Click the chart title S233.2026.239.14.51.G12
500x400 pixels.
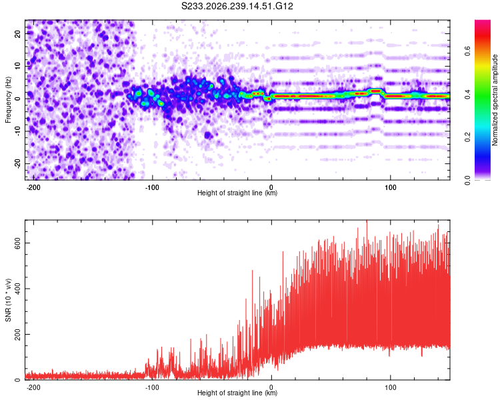click(237, 6)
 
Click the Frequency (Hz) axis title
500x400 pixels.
click(8, 100)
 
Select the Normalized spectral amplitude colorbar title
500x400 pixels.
click(495, 100)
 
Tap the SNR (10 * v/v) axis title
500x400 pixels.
click(8, 300)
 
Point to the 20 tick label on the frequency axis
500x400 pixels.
click(18, 34)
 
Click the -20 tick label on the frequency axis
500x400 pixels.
click(18, 163)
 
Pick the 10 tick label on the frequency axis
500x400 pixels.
click(18, 67)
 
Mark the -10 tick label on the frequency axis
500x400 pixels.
click(18, 131)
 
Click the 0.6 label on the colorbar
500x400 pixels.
click(467, 51)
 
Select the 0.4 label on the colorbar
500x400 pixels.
click(467, 94)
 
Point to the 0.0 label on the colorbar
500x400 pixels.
click(467, 181)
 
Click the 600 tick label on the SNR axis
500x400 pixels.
click(18, 243)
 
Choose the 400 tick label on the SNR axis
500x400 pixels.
click(18, 289)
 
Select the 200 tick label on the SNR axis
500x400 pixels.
click(18, 334)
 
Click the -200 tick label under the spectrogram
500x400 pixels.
click(33, 187)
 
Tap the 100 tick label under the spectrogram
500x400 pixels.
click(390, 187)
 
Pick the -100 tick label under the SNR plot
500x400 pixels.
click(152, 387)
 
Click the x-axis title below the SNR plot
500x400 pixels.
click(237, 393)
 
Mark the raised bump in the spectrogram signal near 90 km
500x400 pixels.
click(376, 91)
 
